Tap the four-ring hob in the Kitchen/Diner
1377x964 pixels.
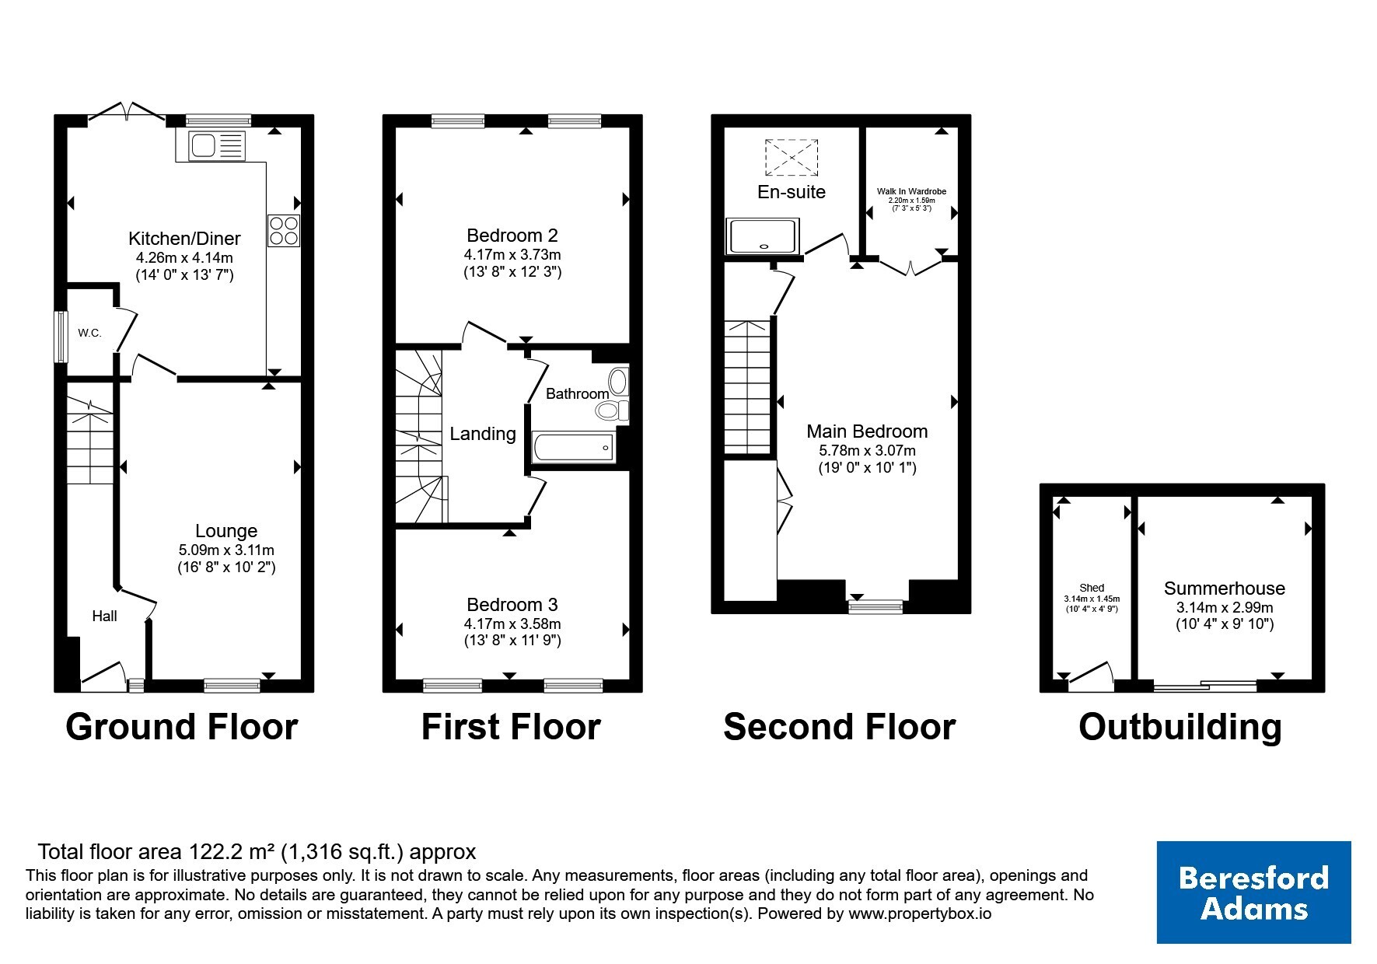pos(283,230)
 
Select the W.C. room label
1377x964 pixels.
pos(89,333)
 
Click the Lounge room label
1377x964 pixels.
pos(226,531)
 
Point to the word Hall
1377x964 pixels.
pos(104,616)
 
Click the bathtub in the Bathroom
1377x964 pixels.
pos(574,448)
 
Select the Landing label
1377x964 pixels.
pos(483,434)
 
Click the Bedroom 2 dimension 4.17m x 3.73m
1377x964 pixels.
pos(512,254)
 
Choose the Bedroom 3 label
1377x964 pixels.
pos(512,604)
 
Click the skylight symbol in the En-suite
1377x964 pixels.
pos(792,159)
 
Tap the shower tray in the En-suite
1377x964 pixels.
pos(763,236)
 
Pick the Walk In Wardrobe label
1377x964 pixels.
pos(911,191)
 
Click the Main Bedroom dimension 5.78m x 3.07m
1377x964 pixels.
pos(867,450)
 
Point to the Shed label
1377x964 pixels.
pos(1092,589)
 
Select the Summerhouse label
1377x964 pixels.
pos(1225,589)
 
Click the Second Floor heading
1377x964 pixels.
pos(839,727)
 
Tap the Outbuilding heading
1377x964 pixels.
pos(1180,727)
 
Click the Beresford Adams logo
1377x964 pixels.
pos(1253,892)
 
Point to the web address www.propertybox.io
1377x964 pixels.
pos(919,914)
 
